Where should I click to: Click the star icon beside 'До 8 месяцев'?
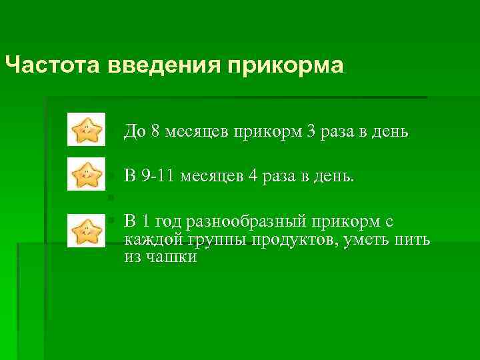87,129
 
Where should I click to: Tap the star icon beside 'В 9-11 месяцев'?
87,175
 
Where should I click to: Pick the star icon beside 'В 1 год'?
87,231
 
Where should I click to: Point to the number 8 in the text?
155,131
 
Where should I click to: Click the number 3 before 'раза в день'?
311,131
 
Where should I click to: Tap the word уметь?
371,240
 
